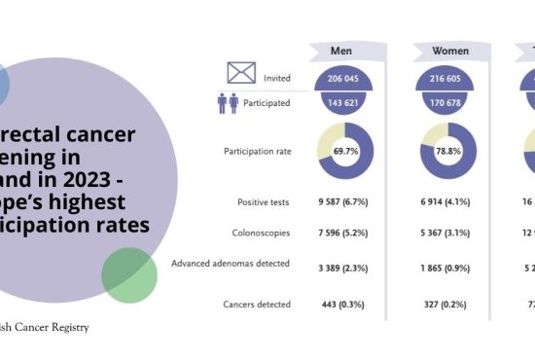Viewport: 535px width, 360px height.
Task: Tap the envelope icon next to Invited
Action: coord(241,72)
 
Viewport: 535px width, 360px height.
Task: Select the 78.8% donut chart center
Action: coord(448,151)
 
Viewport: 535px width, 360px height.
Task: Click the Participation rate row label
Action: coord(257,151)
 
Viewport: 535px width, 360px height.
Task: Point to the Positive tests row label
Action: coord(264,202)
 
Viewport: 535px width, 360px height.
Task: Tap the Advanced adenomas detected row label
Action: coord(231,264)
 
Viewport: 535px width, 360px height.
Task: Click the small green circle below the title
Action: coord(128,275)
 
